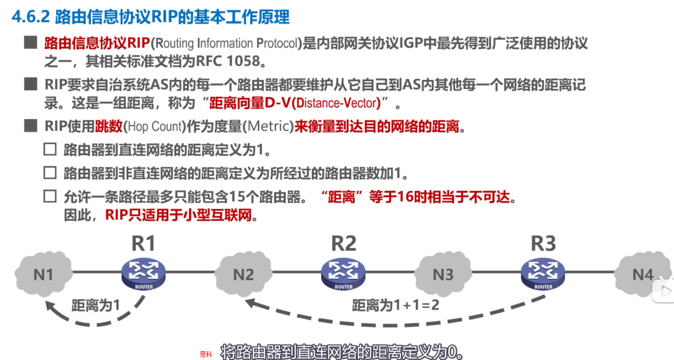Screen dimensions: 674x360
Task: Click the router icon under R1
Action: pos(144,273)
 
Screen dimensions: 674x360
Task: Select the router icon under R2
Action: pos(343,273)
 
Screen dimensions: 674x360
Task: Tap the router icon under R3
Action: pos(543,273)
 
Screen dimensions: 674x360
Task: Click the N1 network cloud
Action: pos(44,274)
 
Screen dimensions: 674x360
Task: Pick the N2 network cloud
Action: pos(243,274)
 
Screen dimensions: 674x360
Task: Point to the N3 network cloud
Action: pos(443,274)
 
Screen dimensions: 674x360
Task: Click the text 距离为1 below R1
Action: pos(95,306)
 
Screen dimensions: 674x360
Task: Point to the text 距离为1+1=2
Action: pos(395,306)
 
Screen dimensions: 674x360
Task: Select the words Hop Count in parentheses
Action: pos(156,126)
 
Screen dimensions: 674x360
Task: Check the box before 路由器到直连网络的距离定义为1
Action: pos(50,150)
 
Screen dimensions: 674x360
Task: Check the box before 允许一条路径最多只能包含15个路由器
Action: pos(50,197)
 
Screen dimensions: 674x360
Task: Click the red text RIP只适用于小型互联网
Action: pos(181,215)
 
